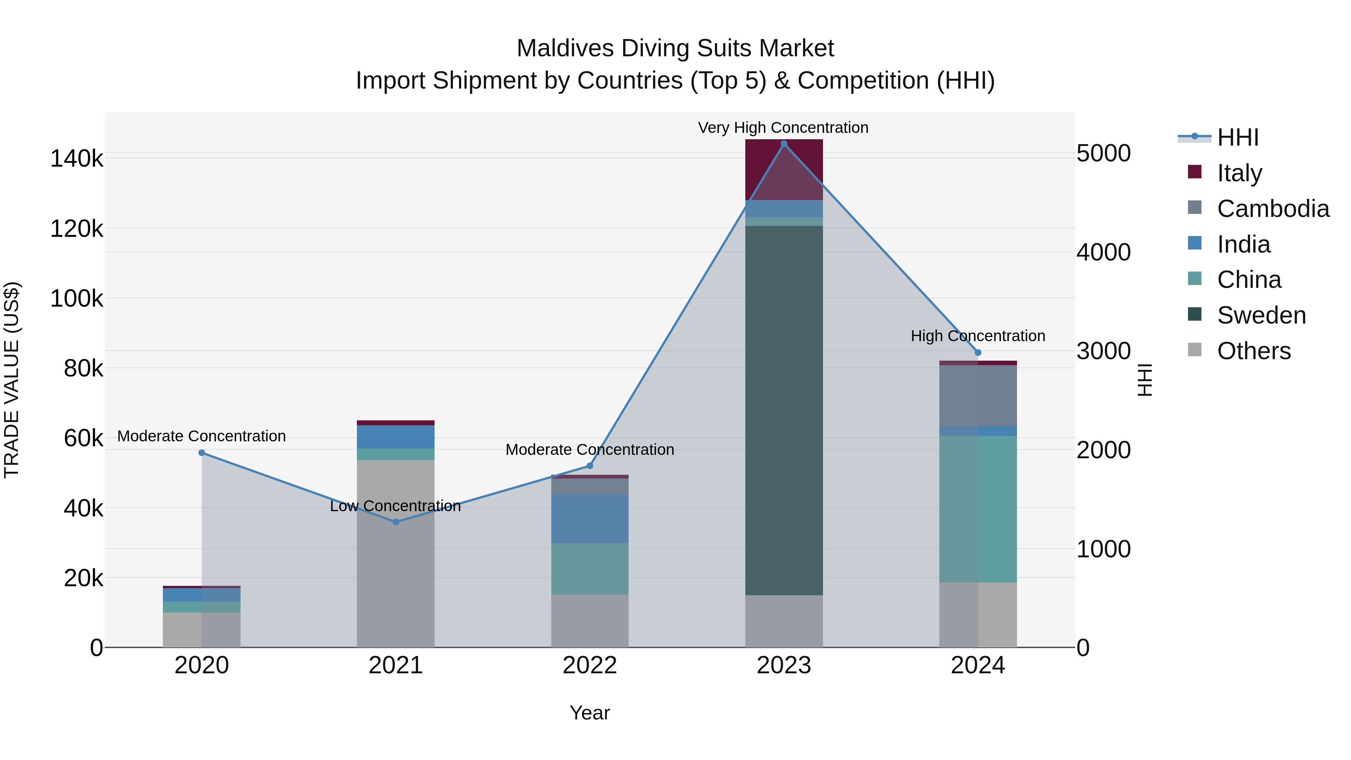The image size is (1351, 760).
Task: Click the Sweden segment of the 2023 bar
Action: pyautogui.click(x=784, y=409)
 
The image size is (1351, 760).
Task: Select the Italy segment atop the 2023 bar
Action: pyautogui.click(x=784, y=169)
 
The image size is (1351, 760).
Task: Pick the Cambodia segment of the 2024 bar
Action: pyautogui.click(x=978, y=396)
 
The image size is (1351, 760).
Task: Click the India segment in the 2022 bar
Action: pyautogui.click(x=590, y=518)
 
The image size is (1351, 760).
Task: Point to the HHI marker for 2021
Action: pyautogui.click(x=396, y=522)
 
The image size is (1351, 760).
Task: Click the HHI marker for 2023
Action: pyautogui.click(x=784, y=144)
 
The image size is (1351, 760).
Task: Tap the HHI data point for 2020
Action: pyautogui.click(x=202, y=453)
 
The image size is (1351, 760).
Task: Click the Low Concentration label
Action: pyautogui.click(x=396, y=506)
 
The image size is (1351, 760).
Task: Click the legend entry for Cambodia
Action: pyautogui.click(x=1273, y=209)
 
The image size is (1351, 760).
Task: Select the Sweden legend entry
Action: pyautogui.click(x=1261, y=315)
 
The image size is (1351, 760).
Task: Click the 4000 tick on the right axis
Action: pyautogui.click(x=1103, y=252)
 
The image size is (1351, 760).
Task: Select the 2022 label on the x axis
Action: pyautogui.click(x=590, y=665)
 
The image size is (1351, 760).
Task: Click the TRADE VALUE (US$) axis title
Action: pyautogui.click(x=12, y=380)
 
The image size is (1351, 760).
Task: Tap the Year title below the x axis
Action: pyautogui.click(x=590, y=713)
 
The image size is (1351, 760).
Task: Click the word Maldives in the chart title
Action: pyautogui.click(x=565, y=48)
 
